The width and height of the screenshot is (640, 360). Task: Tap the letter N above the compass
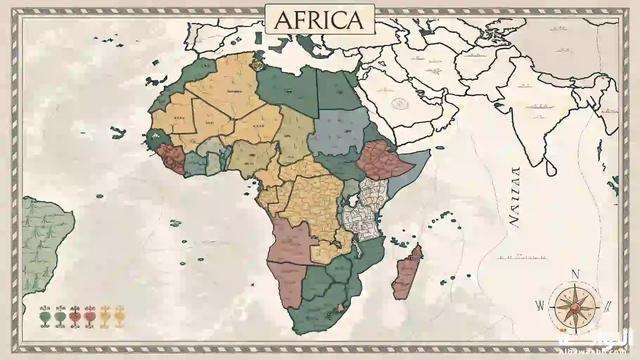[x=575, y=274]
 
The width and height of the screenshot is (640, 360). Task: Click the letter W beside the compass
[x=539, y=306]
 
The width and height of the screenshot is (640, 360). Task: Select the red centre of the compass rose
[x=575, y=308]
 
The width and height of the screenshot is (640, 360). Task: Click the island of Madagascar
[x=406, y=274]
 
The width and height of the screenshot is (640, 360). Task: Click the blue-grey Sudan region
[x=338, y=130]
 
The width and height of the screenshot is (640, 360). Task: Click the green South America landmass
[x=42, y=239]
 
